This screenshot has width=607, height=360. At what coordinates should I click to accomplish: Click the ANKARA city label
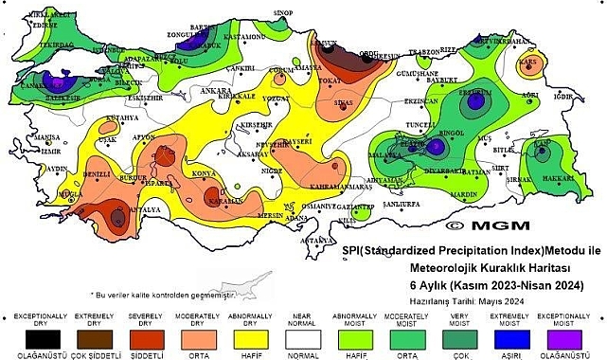point(189,91)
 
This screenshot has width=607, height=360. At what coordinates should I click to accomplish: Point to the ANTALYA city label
point(142,209)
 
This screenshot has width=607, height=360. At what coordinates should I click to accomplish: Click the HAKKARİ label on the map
point(558,177)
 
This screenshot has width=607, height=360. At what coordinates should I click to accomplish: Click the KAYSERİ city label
point(297,141)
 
